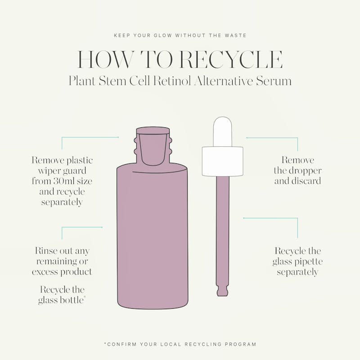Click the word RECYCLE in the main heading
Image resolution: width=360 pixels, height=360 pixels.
click(x=231, y=59)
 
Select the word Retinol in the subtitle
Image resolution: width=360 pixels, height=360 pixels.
click(x=172, y=81)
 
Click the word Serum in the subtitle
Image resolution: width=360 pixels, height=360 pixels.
click(x=274, y=81)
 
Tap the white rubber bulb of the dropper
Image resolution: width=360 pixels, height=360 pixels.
click(x=222, y=131)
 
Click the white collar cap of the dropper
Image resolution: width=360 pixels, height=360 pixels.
click(x=222, y=162)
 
